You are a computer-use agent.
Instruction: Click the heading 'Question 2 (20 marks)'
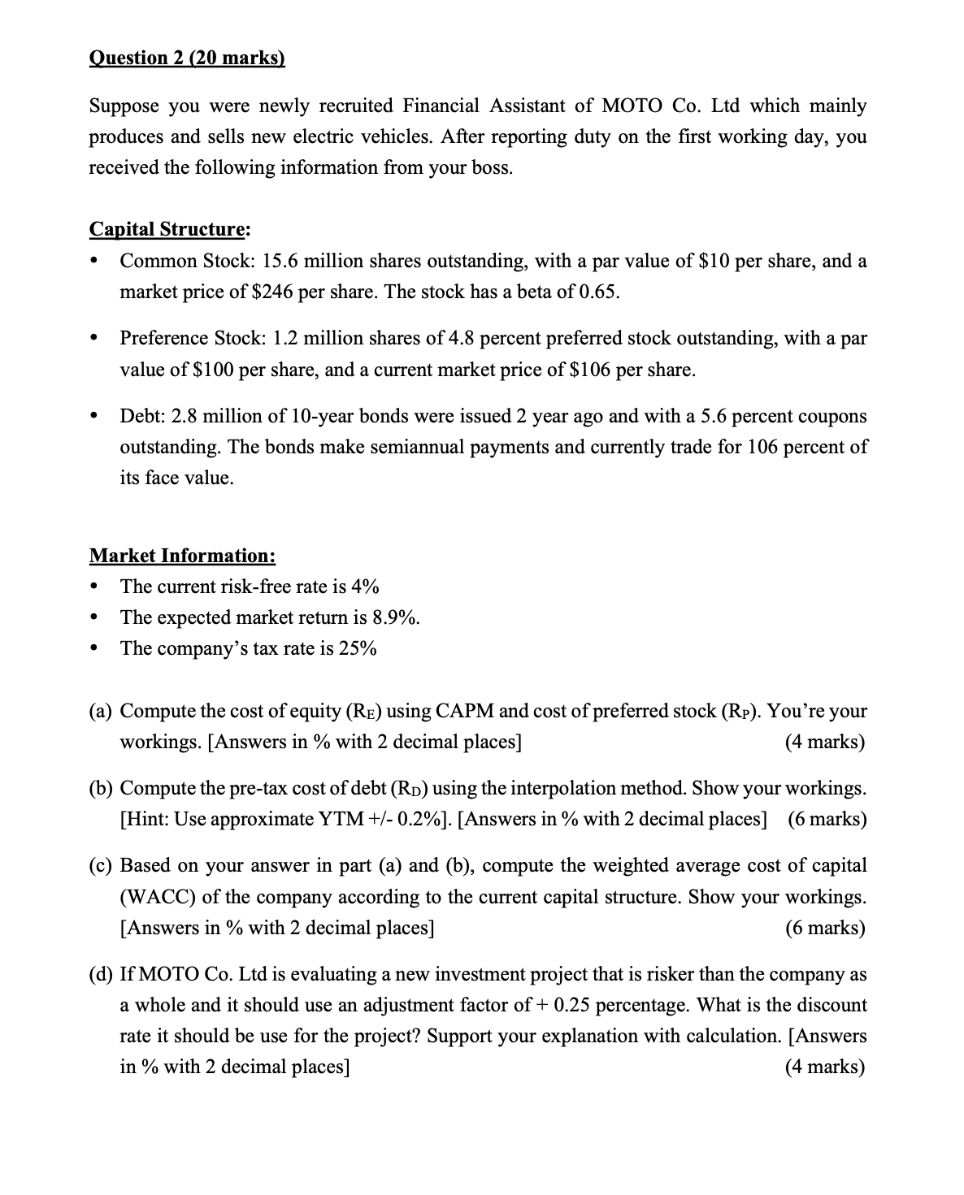pyautogui.click(x=187, y=59)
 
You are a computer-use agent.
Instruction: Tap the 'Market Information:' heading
pyautogui.click(x=182, y=556)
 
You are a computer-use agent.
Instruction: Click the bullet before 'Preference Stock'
pyautogui.click(x=97, y=338)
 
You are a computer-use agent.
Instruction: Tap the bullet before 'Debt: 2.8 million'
pyautogui.click(x=97, y=416)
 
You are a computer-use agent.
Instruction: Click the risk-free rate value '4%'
pyautogui.click(x=363, y=587)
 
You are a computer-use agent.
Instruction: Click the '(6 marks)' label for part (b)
pyautogui.click(x=827, y=818)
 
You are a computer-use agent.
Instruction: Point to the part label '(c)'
pyautogui.click(x=101, y=865)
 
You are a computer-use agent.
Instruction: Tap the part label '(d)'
pyautogui.click(x=101, y=974)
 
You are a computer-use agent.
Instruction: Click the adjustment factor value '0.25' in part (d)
pyautogui.click(x=573, y=1005)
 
